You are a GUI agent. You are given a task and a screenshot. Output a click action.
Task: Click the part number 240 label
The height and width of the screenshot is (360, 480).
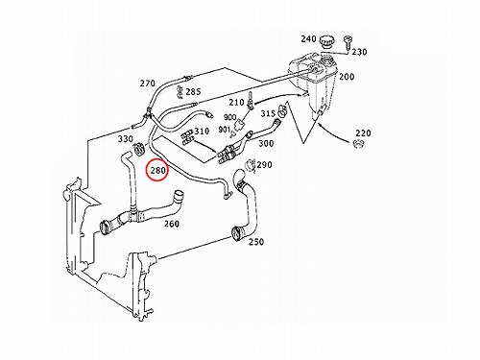point(308,39)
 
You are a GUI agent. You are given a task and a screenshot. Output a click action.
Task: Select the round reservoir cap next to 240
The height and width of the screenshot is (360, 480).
point(327,42)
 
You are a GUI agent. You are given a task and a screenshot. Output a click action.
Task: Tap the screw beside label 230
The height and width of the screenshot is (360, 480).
point(348,43)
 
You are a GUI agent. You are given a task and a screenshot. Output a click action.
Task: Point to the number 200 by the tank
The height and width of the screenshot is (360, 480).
point(347,77)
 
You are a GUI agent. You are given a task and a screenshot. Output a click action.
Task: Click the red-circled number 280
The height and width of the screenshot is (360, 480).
point(158,170)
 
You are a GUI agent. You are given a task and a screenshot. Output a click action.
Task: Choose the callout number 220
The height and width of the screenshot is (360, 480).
point(363,132)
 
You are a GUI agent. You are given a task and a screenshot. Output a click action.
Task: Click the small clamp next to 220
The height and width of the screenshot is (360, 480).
point(359,144)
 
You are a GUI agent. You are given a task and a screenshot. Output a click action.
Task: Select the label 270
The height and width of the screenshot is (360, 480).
point(147,84)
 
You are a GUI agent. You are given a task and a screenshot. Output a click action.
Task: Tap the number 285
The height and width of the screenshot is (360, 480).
point(193,92)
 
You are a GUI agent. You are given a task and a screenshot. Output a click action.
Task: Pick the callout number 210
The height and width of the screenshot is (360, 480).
point(236,103)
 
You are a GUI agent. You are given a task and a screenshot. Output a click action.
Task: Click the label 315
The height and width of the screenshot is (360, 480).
point(268,113)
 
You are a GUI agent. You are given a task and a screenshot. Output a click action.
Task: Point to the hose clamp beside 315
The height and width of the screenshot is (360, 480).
point(282,110)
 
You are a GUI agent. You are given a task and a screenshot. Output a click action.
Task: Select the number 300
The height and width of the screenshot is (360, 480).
point(266,143)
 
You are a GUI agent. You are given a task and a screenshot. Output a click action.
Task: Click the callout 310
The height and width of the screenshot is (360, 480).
point(202,131)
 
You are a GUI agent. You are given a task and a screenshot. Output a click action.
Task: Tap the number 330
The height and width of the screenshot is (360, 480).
point(126,139)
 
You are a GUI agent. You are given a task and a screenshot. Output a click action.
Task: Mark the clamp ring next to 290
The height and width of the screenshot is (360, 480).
point(250,165)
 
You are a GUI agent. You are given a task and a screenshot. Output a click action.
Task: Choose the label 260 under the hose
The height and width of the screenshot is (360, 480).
point(172,224)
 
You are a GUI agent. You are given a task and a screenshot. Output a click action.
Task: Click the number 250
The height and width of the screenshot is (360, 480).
point(256,241)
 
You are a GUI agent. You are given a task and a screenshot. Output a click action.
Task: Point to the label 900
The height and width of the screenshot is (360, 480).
point(229,117)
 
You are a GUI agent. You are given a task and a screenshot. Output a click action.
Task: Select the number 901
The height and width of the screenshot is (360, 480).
point(225,130)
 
